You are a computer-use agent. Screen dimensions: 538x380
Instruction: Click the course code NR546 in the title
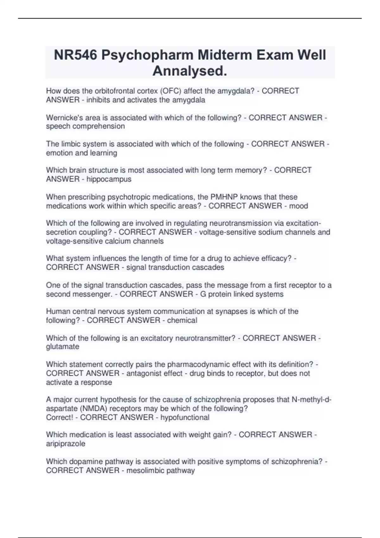pyautogui.click(x=75, y=55)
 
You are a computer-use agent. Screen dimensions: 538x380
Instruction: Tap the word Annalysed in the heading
pyautogui.click(x=189, y=71)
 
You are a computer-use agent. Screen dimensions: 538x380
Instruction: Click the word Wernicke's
pyautogui.click(x=62, y=118)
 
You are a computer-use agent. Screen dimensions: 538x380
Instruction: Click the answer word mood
pyautogui.click(x=299, y=206)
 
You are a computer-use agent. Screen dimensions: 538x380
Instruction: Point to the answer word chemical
pyautogui.click(x=182, y=320)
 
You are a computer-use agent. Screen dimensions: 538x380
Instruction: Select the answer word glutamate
pyautogui.click(x=63, y=347)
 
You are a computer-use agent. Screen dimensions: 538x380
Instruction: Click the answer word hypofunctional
pyautogui.click(x=185, y=417)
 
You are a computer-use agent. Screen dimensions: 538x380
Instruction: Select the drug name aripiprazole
pyautogui.click(x=66, y=444)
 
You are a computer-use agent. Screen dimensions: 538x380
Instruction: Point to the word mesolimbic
pyautogui.click(x=143, y=471)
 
